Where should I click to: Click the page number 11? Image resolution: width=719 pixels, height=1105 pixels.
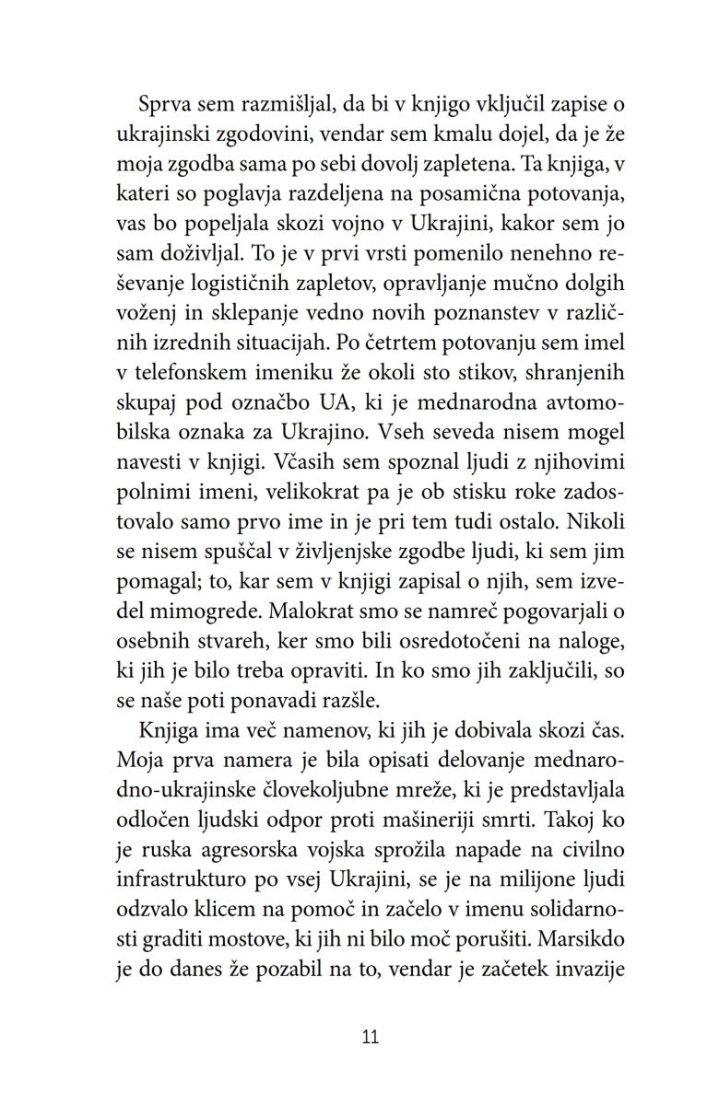pyautogui.click(x=371, y=1037)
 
